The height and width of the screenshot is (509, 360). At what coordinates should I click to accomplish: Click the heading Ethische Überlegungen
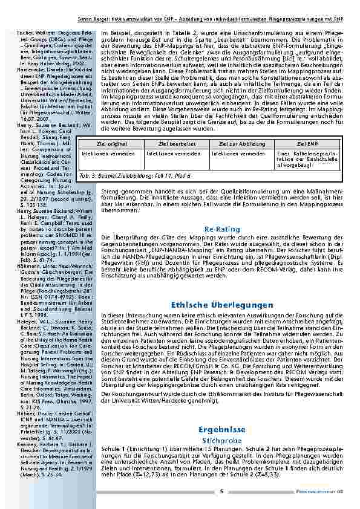click(x=218, y=305)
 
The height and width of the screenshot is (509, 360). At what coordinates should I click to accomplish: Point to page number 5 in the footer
click(x=221, y=490)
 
